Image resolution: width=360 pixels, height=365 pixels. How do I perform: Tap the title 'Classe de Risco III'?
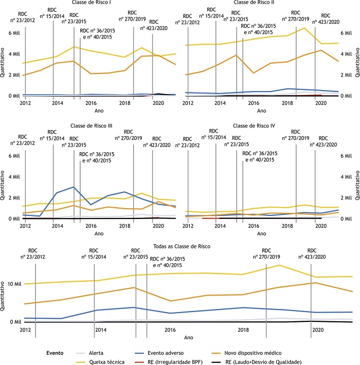[93, 126]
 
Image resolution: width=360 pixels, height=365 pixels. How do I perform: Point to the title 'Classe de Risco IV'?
[254, 126]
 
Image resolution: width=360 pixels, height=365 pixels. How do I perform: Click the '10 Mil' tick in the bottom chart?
[13, 284]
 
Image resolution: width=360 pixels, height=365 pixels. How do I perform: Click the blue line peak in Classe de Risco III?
[74, 187]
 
